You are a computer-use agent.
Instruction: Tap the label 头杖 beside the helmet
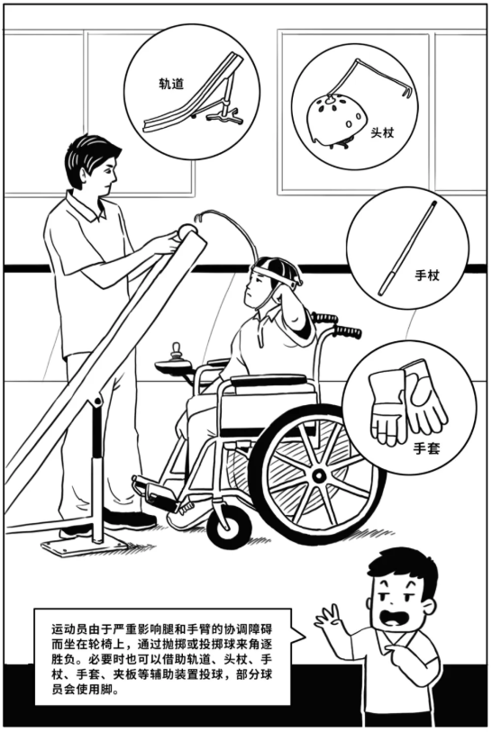[383, 131]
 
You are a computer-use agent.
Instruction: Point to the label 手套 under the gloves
[426, 447]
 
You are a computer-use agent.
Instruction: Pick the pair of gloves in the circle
[408, 402]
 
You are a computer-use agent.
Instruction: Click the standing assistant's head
[93, 166]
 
